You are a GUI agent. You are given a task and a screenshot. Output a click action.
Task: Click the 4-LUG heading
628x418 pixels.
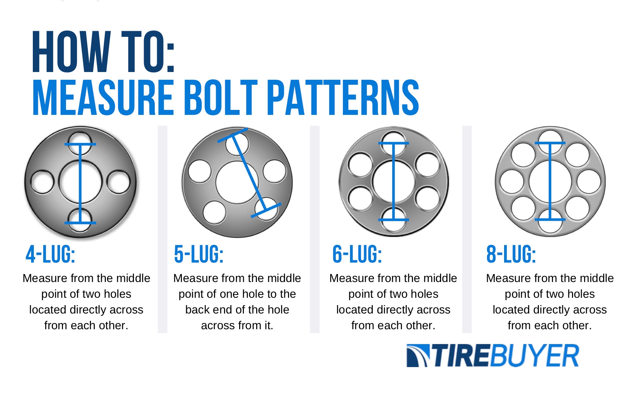(50, 254)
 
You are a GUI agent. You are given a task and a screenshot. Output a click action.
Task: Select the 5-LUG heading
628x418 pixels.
(199, 254)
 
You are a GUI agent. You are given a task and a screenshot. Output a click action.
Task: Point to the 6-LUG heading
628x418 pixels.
(357, 254)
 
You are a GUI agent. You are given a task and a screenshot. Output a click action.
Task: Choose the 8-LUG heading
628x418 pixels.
(511, 254)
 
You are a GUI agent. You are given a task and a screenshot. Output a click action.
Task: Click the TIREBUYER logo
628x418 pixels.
(492, 355)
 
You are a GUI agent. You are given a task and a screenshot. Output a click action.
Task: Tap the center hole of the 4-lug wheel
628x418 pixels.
(69, 182)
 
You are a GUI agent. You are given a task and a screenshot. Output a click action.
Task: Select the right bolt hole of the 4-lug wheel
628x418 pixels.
(119, 182)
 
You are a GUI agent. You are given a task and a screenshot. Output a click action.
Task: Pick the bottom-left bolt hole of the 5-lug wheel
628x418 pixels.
(214, 212)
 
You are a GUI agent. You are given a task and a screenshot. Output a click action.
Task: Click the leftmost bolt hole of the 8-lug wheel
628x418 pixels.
(511, 182)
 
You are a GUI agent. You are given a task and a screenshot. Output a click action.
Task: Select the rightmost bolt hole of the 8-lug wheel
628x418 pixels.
(589, 182)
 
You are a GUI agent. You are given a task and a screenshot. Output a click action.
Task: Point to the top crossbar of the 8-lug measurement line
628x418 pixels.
(550, 143)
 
